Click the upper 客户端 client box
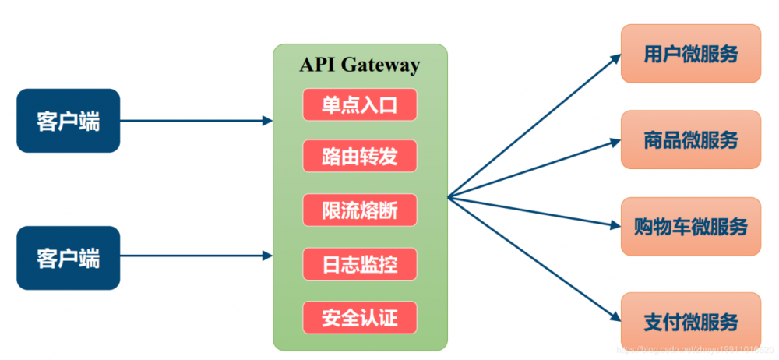pyautogui.click(x=69, y=121)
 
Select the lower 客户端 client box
pyautogui.click(x=69, y=258)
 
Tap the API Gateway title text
pyautogui.click(x=359, y=65)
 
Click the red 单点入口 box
pyautogui.click(x=360, y=104)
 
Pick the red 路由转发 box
pyautogui.click(x=360, y=156)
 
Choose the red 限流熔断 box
pyautogui.click(x=360, y=210)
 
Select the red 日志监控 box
pyautogui.click(x=360, y=264)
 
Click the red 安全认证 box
pyautogui.click(x=360, y=317)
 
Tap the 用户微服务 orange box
pyautogui.click(x=690, y=53)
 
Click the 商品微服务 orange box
pyautogui.click(x=690, y=139)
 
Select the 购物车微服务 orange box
pyautogui.click(x=690, y=226)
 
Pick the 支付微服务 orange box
pyautogui.click(x=690, y=321)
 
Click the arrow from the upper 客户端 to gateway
pyautogui.click(x=195, y=121)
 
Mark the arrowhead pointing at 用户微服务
pyautogui.click(x=616, y=57)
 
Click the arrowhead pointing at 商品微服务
pyautogui.click(x=615, y=142)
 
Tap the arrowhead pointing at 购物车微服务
pyautogui.click(x=615, y=226)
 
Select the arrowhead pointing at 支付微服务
pyautogui.click(x=616, y=316)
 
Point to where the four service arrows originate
pyautogui.click(x=449, y=196)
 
